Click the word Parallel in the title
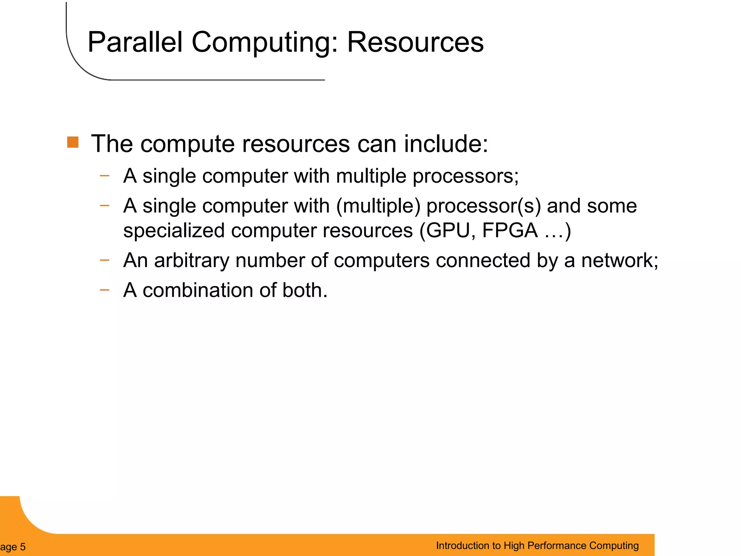(x=135, y=42)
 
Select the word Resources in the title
(x=415, y=42)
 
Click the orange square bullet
(x=73, y=142)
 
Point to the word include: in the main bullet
(x=446, y=144)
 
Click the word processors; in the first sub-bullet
(x=465, y=177)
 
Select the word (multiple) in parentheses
(x=378, y=206)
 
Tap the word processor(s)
(x=483, y=206)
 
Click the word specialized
(x=174, y=231)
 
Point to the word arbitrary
(x=191, y=261)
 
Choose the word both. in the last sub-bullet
(x=305, y=290)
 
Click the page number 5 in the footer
(x=22, y=547)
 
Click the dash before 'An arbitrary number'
(x=104, y=260)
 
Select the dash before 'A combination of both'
(x=104, y=290)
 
